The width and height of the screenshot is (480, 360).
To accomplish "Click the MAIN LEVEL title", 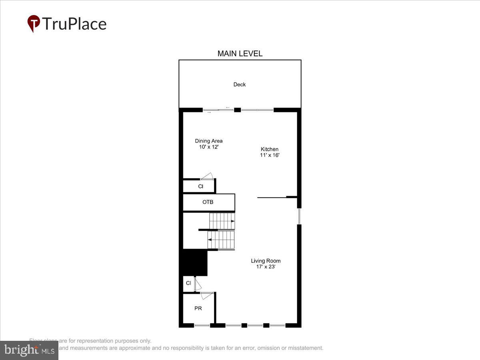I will point(240,54).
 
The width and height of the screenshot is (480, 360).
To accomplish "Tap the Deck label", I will point(240,84).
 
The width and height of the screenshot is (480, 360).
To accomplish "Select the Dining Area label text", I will point(209,141).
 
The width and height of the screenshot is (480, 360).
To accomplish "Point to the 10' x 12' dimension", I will point(209,147).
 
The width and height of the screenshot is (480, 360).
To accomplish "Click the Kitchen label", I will point(269,149).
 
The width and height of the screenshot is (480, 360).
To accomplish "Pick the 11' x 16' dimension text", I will point(269,155).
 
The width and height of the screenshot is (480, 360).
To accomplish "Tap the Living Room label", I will point(266,261).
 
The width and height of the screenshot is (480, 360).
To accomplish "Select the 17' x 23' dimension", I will point(266,267).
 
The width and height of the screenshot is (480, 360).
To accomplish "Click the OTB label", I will point(208,202).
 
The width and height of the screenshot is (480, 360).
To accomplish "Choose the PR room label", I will point(198,308).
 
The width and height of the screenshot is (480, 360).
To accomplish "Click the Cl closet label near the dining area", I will point(201,186).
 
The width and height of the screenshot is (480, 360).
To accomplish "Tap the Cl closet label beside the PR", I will point(188,283).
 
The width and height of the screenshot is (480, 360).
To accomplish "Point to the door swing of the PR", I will point(207,296).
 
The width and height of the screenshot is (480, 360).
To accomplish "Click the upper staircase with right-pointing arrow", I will point(222,221).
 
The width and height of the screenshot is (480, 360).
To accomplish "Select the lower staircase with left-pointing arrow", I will point(221,240).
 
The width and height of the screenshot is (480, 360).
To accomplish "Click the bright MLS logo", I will point(29,350).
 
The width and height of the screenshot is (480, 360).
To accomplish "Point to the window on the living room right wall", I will point(299,216).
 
